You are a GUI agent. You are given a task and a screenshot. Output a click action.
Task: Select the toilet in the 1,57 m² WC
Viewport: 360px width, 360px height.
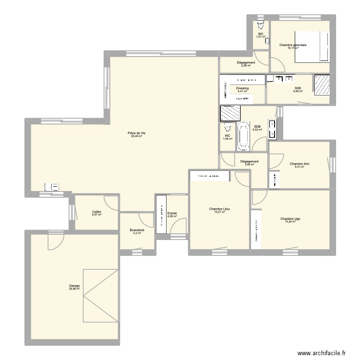261,26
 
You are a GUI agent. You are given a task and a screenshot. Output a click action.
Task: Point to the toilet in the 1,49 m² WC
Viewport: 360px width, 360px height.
228,129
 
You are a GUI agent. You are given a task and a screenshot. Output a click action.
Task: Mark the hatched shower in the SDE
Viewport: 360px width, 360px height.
322,84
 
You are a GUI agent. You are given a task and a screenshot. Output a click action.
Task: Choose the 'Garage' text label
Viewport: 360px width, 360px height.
74,286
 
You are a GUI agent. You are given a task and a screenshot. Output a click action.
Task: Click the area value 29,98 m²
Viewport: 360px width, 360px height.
74,289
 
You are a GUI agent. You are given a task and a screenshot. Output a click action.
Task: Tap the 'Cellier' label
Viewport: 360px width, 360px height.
96,211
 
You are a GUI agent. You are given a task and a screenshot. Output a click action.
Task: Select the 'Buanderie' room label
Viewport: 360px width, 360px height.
137,230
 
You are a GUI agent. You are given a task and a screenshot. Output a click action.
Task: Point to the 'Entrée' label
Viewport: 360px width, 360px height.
172,213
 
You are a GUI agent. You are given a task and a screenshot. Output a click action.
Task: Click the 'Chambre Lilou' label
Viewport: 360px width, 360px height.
219,209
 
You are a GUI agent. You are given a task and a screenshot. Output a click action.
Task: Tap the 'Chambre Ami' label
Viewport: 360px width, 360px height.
300,164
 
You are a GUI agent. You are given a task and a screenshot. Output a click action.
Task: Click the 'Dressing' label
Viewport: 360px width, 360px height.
242,88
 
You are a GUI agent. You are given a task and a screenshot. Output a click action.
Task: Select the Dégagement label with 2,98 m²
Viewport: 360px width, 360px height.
246,62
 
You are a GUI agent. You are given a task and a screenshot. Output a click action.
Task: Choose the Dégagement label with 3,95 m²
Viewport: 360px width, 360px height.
249,161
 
